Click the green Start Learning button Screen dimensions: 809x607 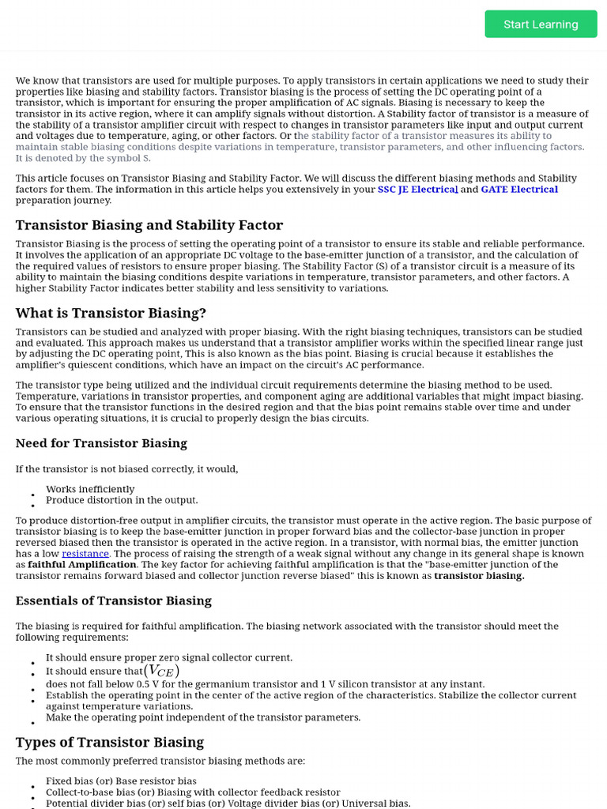point(541,24)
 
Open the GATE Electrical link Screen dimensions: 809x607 point(519,190)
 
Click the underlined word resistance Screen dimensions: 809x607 point(85,554)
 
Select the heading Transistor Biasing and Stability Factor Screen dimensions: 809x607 point(149,225)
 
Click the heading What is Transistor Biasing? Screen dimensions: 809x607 point(111,313)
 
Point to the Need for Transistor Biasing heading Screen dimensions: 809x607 point(101,443)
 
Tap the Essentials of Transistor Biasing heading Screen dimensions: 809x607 point(114,600)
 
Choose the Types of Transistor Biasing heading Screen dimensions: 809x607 point(110,742)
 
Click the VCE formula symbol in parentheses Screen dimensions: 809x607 point(161,671)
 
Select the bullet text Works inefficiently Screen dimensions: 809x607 point(90,489)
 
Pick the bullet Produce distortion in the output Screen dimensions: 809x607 point(122,500)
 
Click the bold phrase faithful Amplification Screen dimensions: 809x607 point(82,565)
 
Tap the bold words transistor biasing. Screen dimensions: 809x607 point(479,576)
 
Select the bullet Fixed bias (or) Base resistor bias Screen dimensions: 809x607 point(121,781)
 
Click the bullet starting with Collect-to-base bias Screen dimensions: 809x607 point(193,792)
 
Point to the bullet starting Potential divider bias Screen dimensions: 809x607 point(228,803)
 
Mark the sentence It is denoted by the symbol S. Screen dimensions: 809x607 point(83,158)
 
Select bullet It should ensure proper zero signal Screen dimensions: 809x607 point(168,657)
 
